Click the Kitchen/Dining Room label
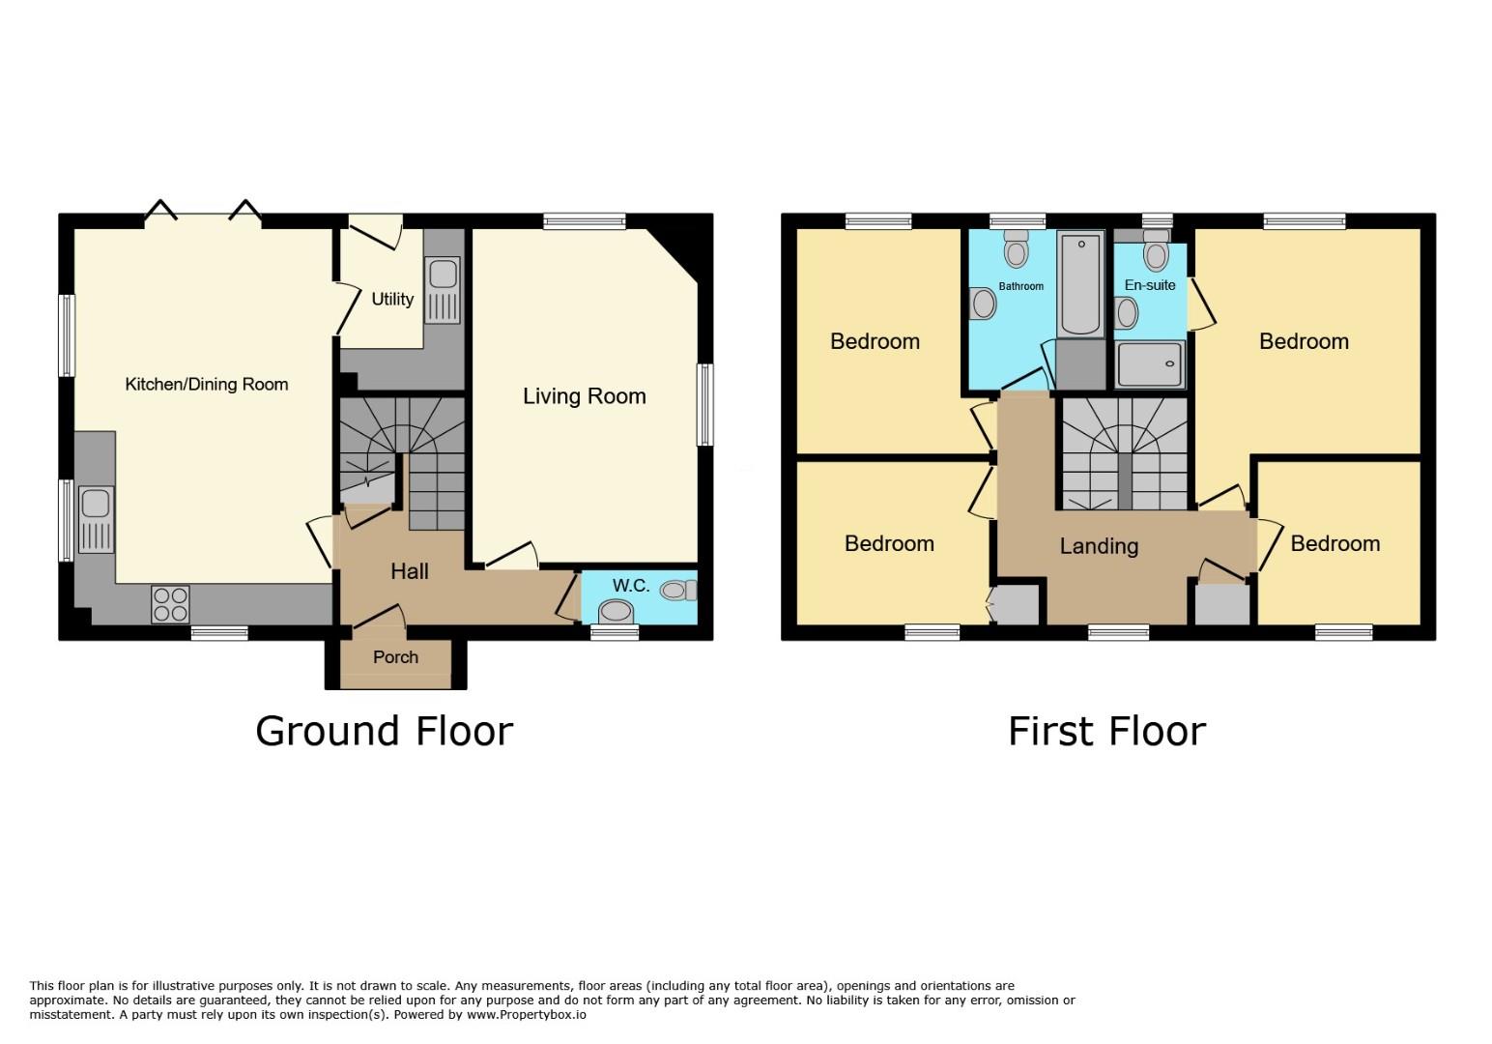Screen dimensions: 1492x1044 (x=207, y=385)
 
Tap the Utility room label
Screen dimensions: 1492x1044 (x=392, y=299)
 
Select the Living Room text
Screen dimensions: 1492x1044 (x=585, y=396)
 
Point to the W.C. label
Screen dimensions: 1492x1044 (x=631, y=586)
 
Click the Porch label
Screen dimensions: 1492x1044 (x=395, y=657)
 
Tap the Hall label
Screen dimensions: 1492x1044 (x=410, y=571)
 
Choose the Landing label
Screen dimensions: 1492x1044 (x=1099, y=546)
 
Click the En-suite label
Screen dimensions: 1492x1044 (x=1150, y=285)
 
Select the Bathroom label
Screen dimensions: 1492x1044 (x=1021, y=286)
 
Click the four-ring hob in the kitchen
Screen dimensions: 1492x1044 (x=170, y=604)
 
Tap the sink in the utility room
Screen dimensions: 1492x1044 (x=443, y=290)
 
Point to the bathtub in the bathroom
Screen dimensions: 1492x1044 (x=1080, y=283)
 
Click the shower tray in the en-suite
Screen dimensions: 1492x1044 (x=1150, y=364)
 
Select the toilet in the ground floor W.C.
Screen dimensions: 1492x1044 (x=678, y=591)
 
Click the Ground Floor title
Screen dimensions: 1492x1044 (x=385, y=732)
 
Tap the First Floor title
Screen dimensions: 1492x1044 (x=1107, y=732)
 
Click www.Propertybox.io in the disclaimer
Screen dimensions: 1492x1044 (x=527, y=1015)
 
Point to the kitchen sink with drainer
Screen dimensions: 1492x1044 (x=96, y=520)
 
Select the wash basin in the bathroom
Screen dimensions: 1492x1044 (x=983, y=304)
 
